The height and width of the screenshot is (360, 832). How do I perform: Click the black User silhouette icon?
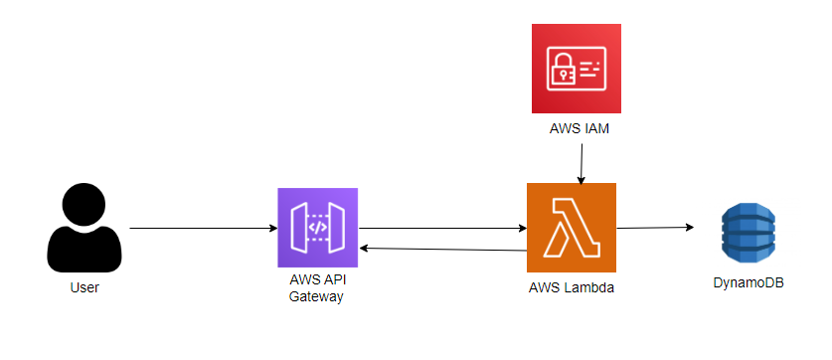point(84,228)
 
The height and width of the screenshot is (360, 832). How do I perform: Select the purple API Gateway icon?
point(317,228)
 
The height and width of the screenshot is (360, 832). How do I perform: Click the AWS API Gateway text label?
point(316,288)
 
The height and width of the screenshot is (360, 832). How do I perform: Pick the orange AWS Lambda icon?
point(572,228)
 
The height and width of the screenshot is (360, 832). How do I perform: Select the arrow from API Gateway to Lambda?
point(442,229)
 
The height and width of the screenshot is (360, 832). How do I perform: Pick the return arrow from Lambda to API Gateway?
point(442,249)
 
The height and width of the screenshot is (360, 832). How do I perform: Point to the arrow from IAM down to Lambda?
point(582,161)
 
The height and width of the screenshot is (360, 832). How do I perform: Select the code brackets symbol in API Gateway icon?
point(317,228)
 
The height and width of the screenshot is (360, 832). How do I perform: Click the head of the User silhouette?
point(84,204)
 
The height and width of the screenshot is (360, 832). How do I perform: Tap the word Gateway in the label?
point(316,296)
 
